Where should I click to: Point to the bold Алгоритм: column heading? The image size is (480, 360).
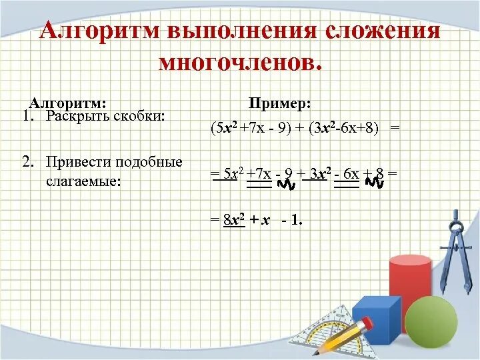point(67,103)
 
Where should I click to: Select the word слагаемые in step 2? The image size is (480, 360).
point(83,180)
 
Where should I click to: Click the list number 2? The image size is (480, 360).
point(27,162)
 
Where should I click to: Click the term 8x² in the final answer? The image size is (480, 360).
point(234,220)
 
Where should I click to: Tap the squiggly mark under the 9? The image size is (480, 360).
point(286,183)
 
